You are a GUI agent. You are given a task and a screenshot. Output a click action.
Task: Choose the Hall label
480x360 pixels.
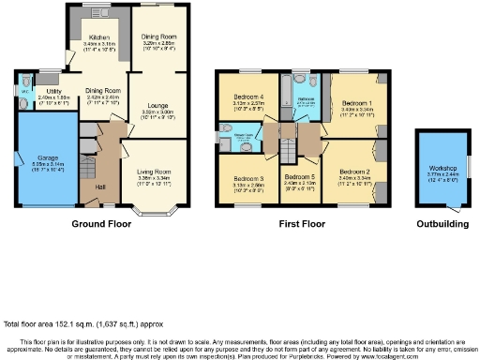click(x=99, y=187)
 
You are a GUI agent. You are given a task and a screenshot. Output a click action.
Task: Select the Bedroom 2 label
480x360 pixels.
click(x=355, y=171)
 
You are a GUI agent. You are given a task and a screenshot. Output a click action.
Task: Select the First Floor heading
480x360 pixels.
click(x=302, y=225)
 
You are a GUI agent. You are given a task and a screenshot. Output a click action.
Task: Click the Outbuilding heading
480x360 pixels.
click(x=443, y=225)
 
